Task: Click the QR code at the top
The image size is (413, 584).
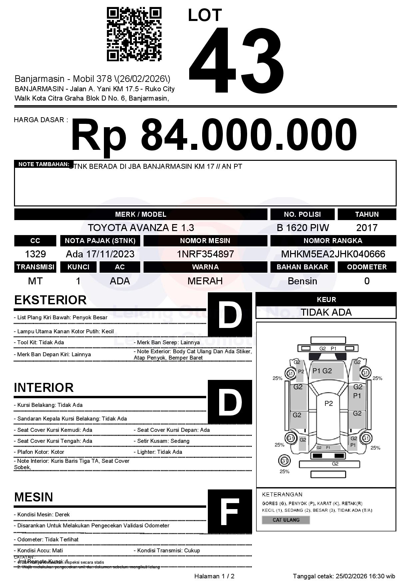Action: pyautogui.click(x=134, y=35)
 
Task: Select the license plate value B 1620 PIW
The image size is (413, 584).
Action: pyautogui.click(x=302, y=228)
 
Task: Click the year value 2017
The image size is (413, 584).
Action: pyautogui.click(x=367, y=228)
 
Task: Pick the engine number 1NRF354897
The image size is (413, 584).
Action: pyautogui.click(x=205, y=254)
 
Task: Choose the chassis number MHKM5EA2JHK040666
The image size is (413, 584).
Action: pyautogui.click(x=333, y=254)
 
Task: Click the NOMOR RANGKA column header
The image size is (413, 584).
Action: pyautogui.click(x=333, y=241)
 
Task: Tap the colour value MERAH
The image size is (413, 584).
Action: pyautogui.click(x=205, y=281)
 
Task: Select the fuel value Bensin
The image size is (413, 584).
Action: pyautogui.click(x=302, y=281)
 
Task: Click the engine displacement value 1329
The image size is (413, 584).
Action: pyautogui.click(x=35, y=254)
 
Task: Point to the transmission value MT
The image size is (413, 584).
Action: pyautogui.click(x=35, y=281)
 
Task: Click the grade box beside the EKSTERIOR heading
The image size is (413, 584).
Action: pyautogui.click(x=230, y=314)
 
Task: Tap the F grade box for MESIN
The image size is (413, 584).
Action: pyautogui.click(x=230, y=511)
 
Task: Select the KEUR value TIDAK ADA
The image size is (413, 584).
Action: pyautogui.click(x=326, y=312)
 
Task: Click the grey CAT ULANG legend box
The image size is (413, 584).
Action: pyautogui.click(x=286, y=520)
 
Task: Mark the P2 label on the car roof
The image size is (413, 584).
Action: pyautogui.click(x=328, y=404)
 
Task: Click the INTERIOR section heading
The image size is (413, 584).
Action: pyautogui.click(x=44, y=388)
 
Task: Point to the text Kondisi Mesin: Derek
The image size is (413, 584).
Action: pyautogui.click(x=42, y=514)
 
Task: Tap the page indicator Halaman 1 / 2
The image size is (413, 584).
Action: pyautogui.click(x=214, y=576)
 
